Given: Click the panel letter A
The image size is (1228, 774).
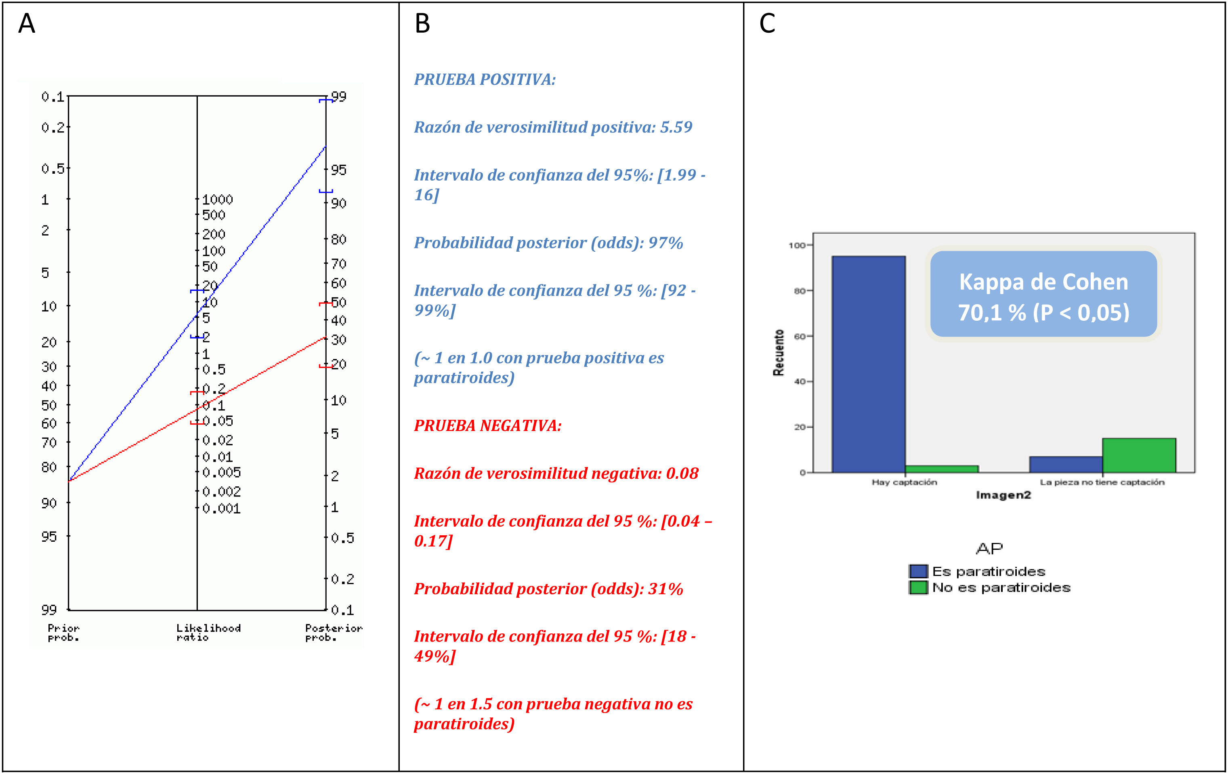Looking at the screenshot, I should pos(27,23).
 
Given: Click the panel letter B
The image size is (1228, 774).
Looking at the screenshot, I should pos(422,23).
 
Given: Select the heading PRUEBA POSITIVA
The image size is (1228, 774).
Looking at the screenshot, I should pos(485,80).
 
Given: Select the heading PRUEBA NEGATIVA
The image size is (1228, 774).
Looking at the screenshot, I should pos(487,425).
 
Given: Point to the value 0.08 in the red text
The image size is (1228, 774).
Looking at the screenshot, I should pos(682,473).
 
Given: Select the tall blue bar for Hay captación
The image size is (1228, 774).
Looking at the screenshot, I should pos(869,364).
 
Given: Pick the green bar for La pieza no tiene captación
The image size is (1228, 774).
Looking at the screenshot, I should pos(1139,455).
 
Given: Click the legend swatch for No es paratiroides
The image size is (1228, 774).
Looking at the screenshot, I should pos(918,588).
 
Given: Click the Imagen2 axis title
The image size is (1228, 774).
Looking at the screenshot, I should pos(1003,495).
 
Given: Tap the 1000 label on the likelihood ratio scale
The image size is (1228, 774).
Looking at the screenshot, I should pos(217,200).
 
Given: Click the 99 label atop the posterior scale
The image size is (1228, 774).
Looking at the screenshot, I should pos(339,97).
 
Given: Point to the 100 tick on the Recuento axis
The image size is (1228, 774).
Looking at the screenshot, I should pos(797,246).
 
